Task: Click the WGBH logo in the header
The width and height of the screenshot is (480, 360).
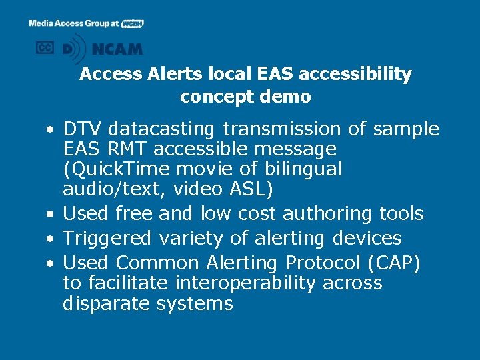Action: (x=133, y=23)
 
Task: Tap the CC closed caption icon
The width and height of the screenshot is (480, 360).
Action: (x=45, y=47)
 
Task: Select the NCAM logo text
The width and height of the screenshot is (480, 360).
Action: (x=117, y=49)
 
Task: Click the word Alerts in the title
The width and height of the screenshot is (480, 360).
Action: (x=147, y=74)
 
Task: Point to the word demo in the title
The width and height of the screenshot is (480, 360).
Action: (x=287, y=97)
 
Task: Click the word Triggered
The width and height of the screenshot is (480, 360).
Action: (x=110, y=239)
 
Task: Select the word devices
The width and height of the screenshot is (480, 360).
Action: (x=369, y=239)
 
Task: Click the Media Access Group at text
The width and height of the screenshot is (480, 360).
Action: (x=74, y=23)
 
